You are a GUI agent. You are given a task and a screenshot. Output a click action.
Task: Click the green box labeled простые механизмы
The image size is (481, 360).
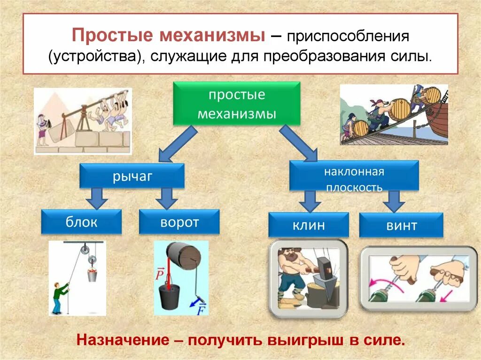point(236,104)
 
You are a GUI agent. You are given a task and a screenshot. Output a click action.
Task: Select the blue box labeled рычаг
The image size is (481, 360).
point(132,176)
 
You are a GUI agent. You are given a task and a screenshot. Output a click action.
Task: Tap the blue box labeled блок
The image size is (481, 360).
point(81,222)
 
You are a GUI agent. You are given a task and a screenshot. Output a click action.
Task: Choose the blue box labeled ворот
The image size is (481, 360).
point(179,222)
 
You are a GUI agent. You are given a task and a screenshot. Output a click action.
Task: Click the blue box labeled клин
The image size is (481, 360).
point(308,224)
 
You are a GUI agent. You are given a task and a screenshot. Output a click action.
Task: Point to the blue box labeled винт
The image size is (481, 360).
point(401,225)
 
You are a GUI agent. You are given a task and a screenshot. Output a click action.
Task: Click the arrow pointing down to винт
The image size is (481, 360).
point(393,200)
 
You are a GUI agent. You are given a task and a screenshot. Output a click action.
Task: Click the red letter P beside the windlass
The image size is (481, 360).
point(159,274)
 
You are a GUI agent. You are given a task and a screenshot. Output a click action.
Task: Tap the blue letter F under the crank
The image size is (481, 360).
point(201,309)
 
